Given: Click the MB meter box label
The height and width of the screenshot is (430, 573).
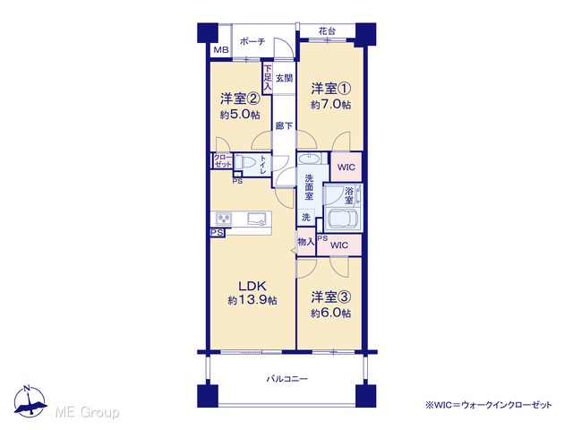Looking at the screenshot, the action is [x=221, y=50].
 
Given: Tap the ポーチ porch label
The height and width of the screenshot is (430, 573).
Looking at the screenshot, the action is [x=252, y=41].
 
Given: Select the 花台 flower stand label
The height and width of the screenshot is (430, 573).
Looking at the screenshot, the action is [x=327, y=31].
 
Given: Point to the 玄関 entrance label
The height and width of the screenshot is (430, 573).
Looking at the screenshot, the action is [x=284, y=78].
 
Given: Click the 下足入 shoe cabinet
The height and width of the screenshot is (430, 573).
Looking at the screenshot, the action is [x=268, y=78].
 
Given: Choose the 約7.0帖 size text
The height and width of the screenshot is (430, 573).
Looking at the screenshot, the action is [x=331, y=105].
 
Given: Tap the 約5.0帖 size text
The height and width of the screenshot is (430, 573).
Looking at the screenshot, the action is [x=240, y=115].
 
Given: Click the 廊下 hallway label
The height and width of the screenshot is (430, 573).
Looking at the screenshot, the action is [x=284, y=125].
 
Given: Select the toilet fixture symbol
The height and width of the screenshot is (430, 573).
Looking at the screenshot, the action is [x=243, y=161].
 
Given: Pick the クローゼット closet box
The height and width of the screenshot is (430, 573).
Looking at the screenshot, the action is [x=223, y=161].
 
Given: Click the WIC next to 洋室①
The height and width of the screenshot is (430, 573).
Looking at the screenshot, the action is [x=346, y=168].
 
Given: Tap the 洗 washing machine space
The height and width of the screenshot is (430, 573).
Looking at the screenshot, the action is [x=306, y=217].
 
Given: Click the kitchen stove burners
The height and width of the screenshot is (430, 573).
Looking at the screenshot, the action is [x=224, y=219].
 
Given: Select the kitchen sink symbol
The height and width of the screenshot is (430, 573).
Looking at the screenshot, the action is [x=257, y=219].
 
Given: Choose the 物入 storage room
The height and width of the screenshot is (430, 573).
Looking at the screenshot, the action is [x=306, y=242].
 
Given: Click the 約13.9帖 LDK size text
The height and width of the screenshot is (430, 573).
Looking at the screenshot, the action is [x=252, y=301].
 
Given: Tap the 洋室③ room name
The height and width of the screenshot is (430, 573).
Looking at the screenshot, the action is [x=331, y=297].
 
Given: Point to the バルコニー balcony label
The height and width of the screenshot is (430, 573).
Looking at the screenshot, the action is [x=286, y=379].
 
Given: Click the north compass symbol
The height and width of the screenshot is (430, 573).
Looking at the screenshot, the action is [x=30, y=401].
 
